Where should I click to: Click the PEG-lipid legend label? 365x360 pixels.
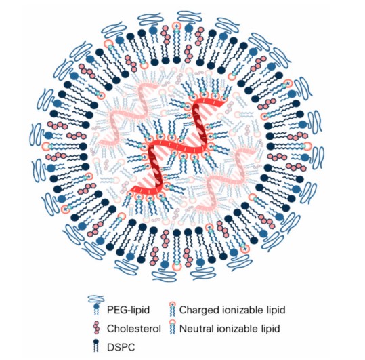click(128, 310)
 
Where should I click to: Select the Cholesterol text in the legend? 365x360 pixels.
click(134, 329)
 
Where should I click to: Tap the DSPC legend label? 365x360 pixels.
click(121, 347)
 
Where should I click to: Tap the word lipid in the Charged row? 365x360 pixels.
click(276, 310)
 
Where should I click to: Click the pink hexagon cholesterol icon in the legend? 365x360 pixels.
click(96, 328)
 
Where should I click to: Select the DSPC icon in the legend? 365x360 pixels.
click(95, 346)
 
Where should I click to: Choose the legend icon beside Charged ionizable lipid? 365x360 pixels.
click(172, 308)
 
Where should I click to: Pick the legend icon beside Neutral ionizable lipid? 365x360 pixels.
click(172, 327)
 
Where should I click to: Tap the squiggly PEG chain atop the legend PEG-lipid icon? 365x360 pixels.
click(96, 298)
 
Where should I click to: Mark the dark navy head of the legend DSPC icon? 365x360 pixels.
click(95, 342)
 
